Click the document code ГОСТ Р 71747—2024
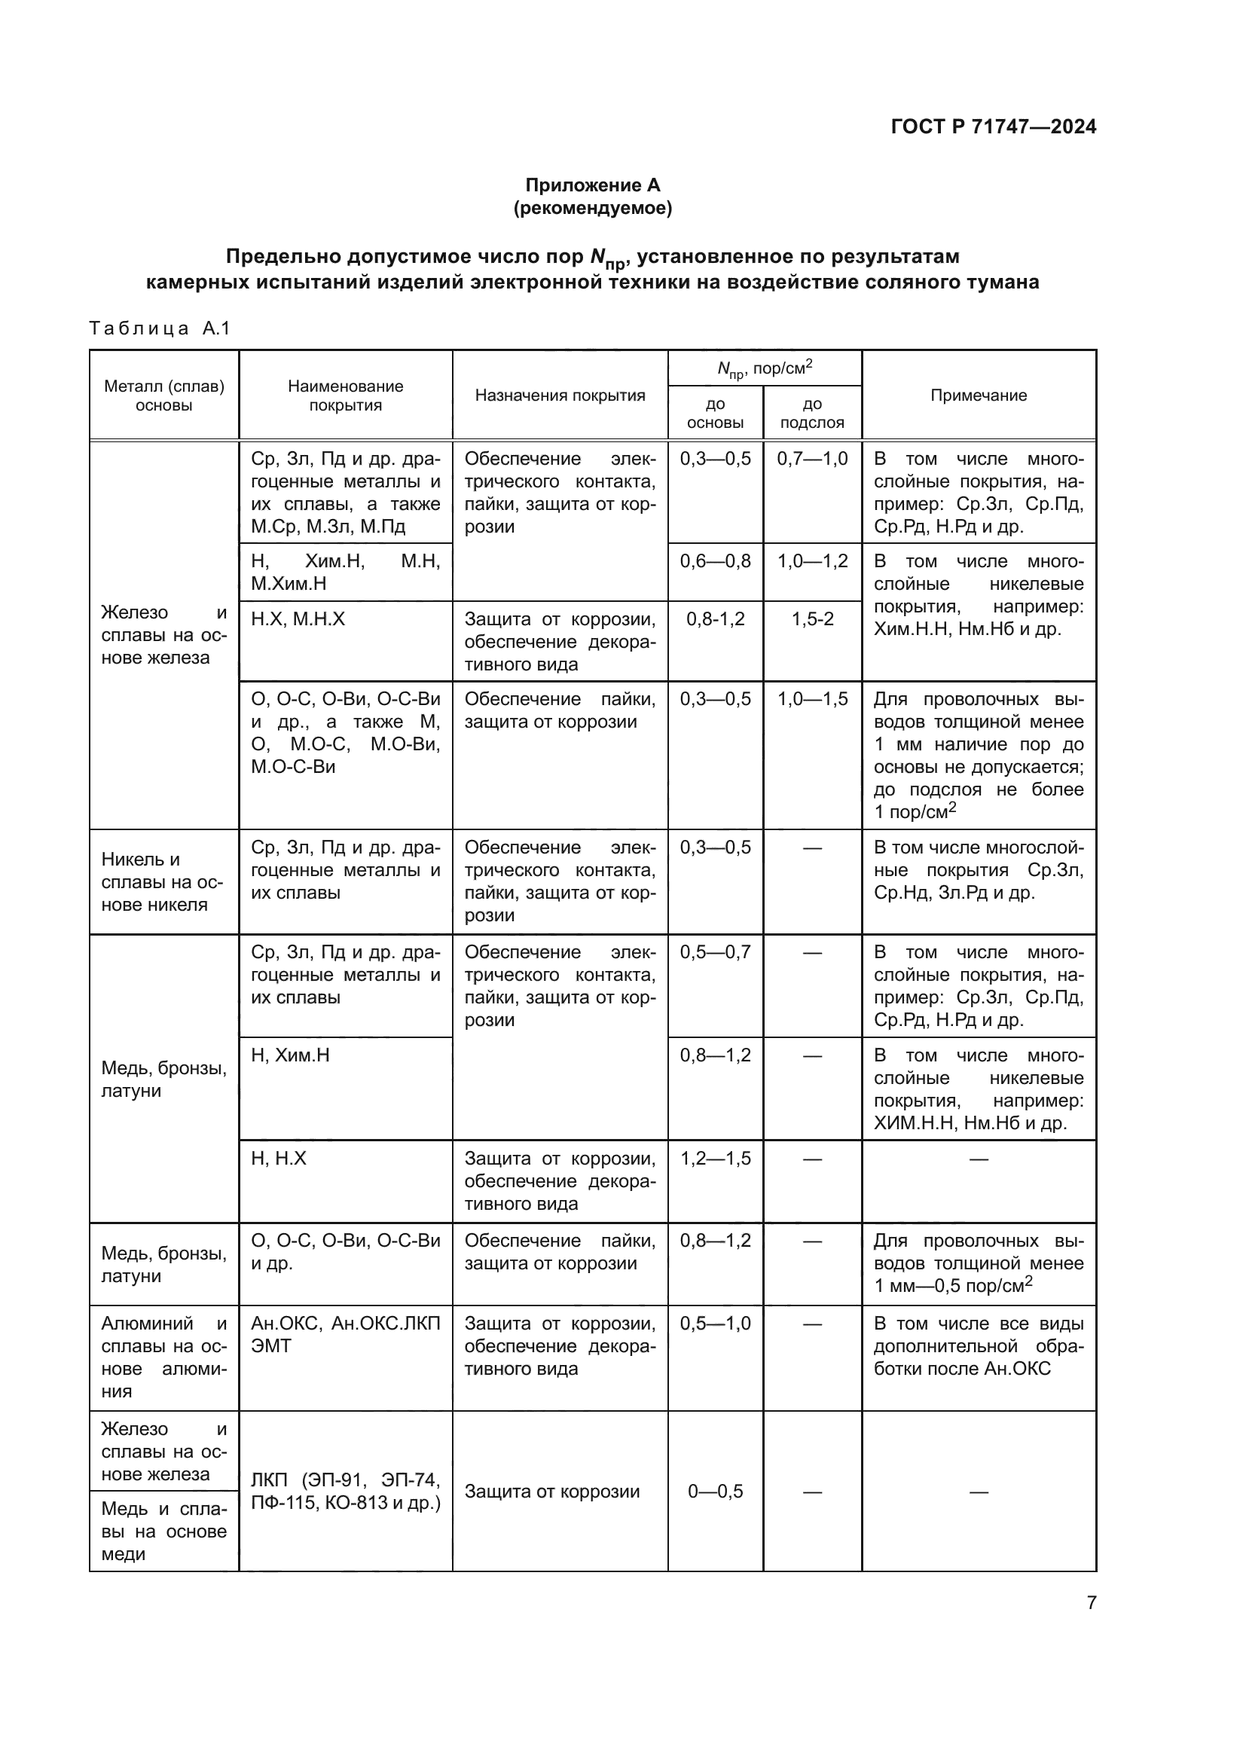coord(994,127)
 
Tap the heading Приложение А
coord(592,185)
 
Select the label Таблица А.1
coord(160,328)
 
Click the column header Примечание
coord(979,395)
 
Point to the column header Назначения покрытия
coord(560,395)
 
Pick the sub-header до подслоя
coord(812,413)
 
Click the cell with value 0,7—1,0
coord(813,459)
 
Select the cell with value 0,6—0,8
coord(715,561)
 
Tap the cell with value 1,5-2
coord(813,619)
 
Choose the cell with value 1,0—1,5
coord(813,699)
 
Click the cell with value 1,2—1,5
coord(715,1158)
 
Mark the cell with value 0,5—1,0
coord(715,1324)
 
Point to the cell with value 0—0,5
coord(715,1491)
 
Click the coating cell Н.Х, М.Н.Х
coord(298,619)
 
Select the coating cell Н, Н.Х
coord(279,1158)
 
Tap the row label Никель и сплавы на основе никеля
coord(161,882)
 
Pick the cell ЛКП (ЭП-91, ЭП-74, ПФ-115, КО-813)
coord(345,1491)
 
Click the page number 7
coord(1091,1602)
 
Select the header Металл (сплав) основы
coord(164,395)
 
